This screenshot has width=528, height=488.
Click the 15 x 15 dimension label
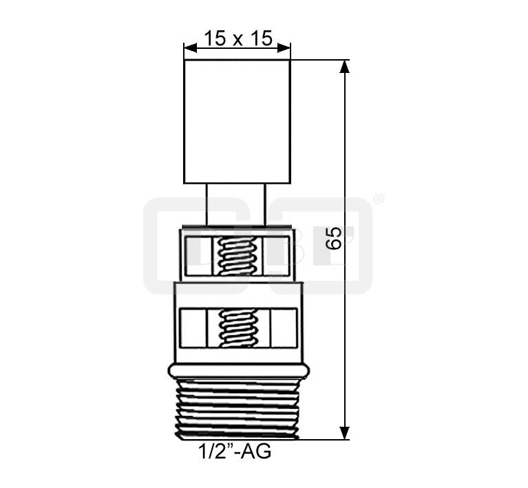point(237,38)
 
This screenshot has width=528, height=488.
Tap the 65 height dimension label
point(334,238)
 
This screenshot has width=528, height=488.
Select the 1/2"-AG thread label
point(235,452)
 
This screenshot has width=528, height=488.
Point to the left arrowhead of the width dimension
point(190,48)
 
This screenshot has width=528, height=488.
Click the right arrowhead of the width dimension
point(284,48)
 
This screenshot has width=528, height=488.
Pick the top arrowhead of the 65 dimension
point(344,66)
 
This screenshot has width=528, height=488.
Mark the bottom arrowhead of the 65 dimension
point(344,433)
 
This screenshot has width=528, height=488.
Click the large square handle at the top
point(237,122)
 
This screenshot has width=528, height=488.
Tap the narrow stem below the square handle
point(236,204)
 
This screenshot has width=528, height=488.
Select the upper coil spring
point(237,256)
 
